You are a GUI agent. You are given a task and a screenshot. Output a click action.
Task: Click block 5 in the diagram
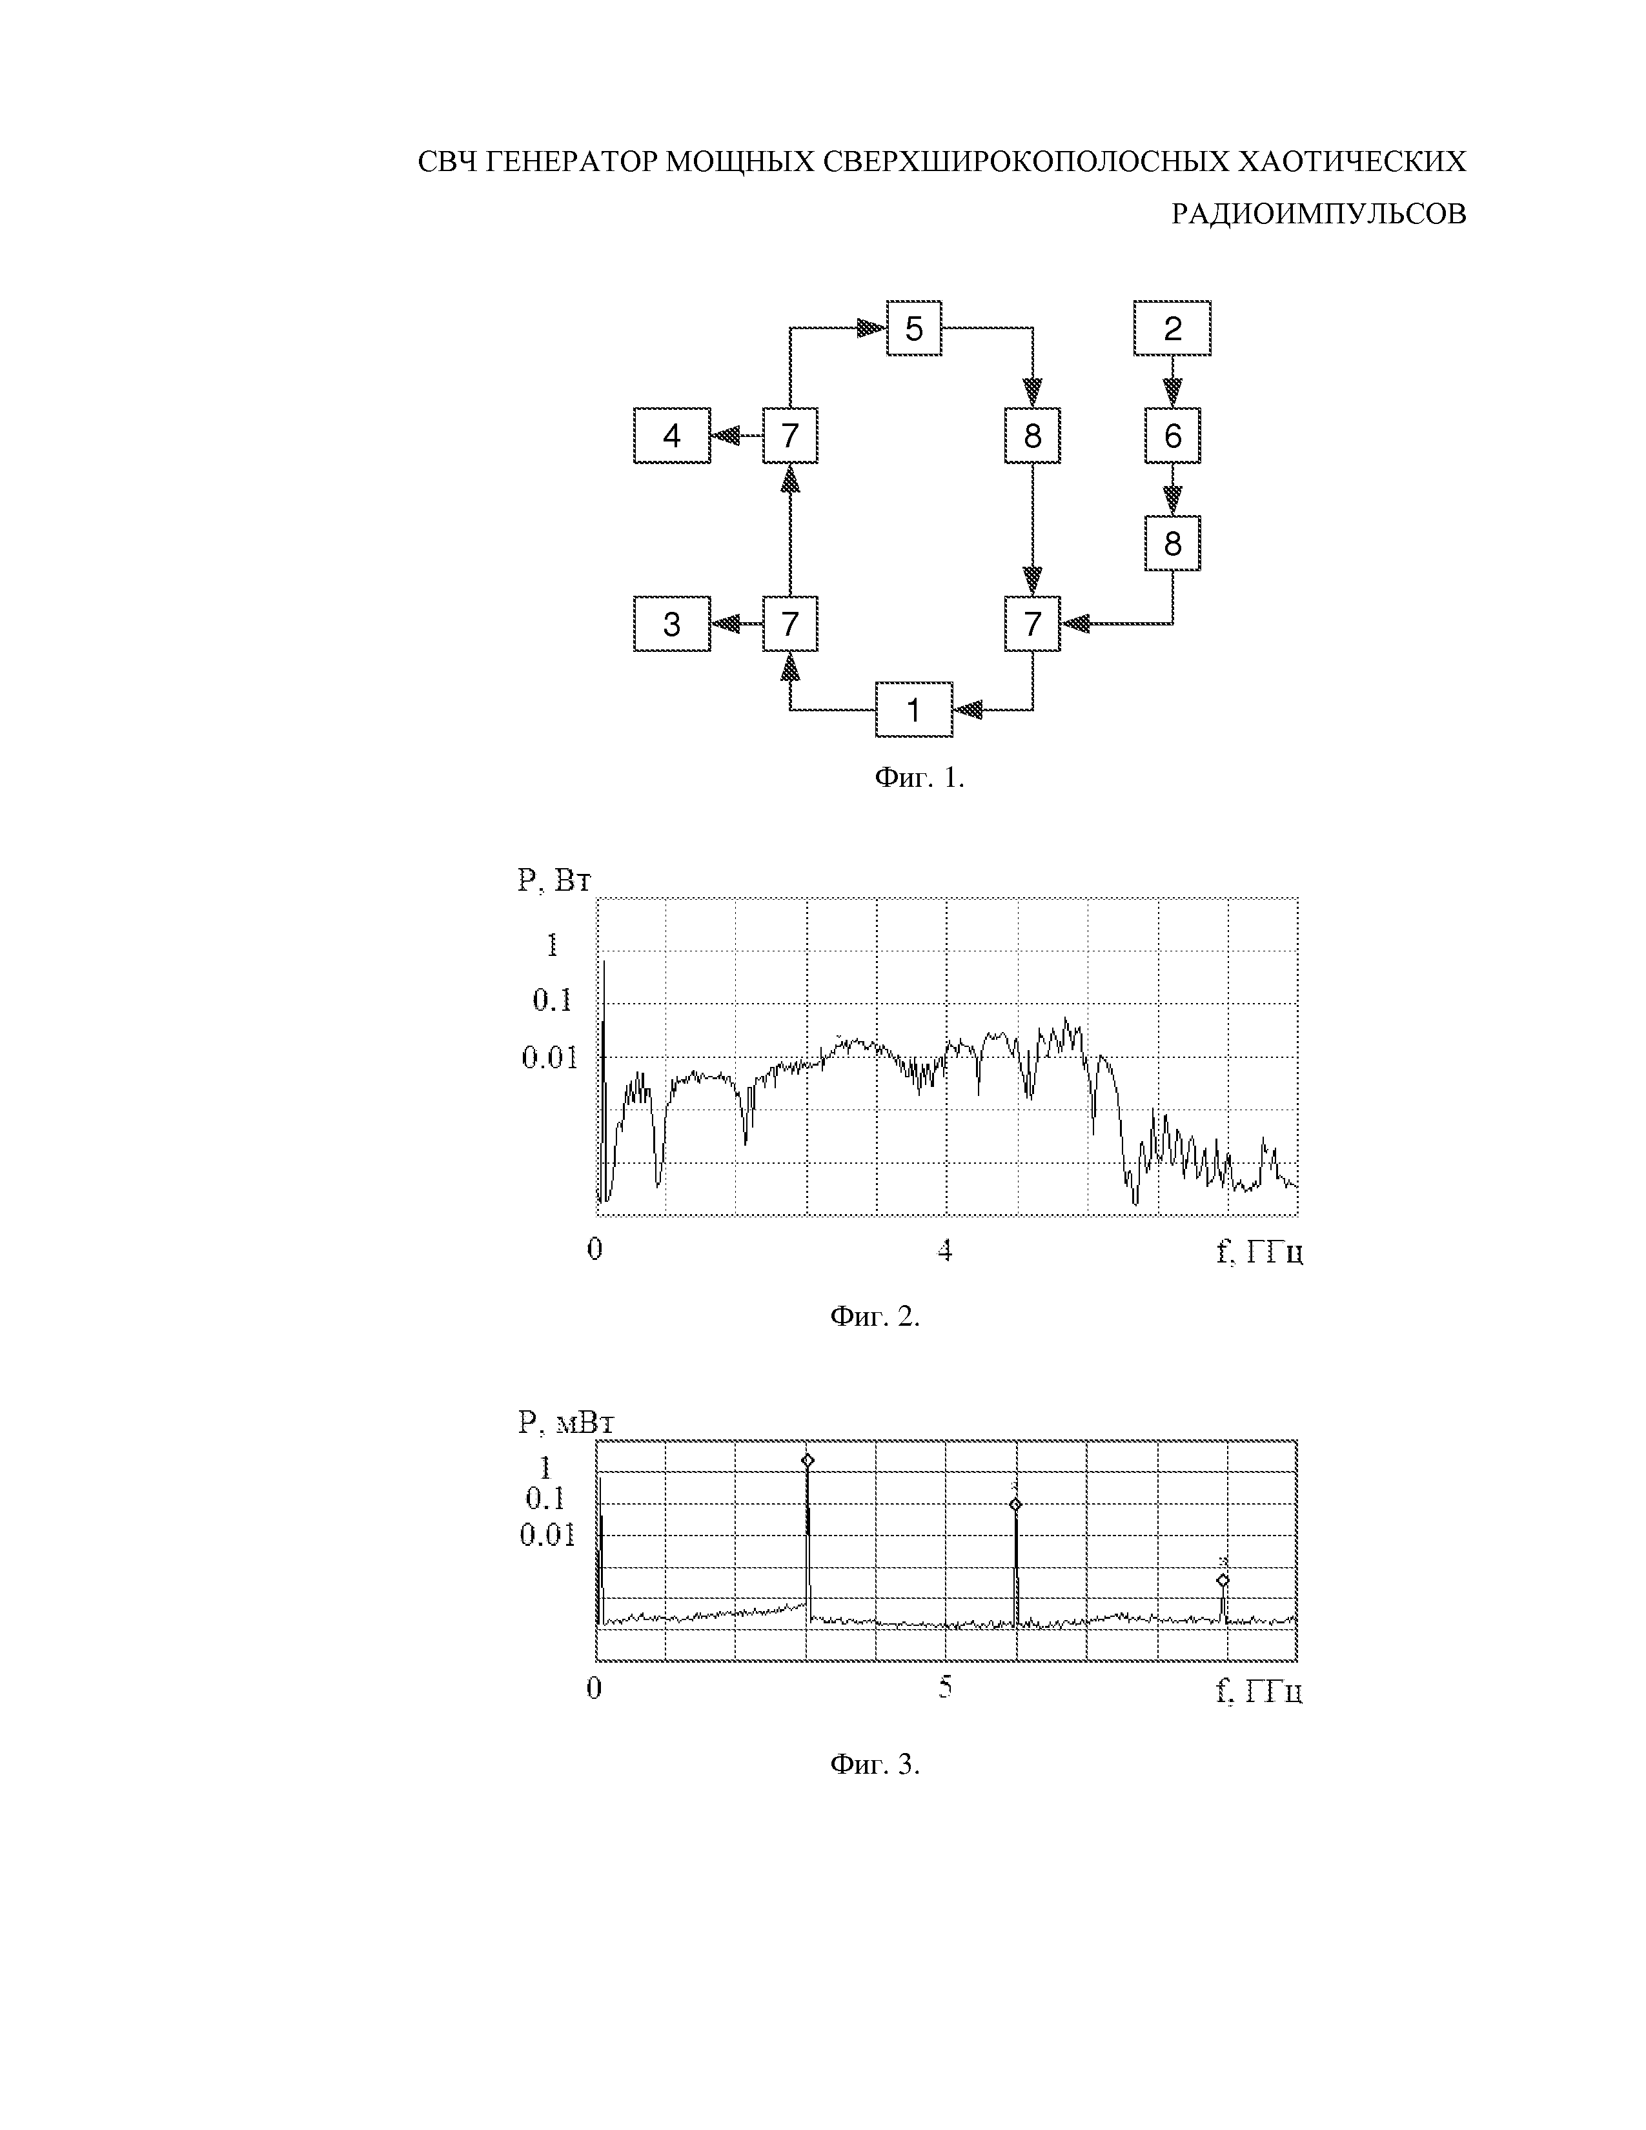pos(913,329)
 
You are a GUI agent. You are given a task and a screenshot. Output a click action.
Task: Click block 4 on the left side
pos(672,435)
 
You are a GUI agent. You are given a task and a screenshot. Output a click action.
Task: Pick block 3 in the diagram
pos(672,624)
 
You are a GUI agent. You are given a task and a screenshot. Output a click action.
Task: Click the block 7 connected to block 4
pos(790,435)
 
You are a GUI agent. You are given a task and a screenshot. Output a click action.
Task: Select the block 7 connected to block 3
pos(790,624)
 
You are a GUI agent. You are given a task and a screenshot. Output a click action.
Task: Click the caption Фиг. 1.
pos(919,777)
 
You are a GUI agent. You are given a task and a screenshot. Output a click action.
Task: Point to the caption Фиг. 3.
pos(875,1763)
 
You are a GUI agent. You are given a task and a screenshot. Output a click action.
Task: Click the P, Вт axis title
pos(554,880)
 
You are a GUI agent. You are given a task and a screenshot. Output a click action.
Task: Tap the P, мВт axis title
pos(565,1423)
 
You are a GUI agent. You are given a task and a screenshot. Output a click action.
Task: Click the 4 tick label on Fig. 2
pos(944,1250)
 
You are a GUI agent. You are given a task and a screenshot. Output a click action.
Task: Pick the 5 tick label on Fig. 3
pos(944,1686)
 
